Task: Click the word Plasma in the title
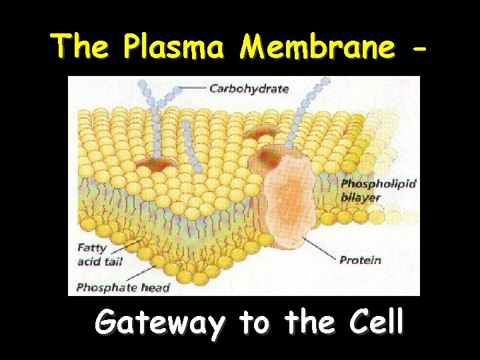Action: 178,46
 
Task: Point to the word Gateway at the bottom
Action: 159,323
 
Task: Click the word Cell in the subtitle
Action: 375,323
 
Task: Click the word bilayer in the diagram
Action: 360,197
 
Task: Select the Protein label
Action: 360,260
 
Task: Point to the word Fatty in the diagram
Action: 91,248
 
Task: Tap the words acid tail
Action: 100,261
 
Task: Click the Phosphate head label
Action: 123,288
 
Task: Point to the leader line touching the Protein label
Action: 320,250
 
